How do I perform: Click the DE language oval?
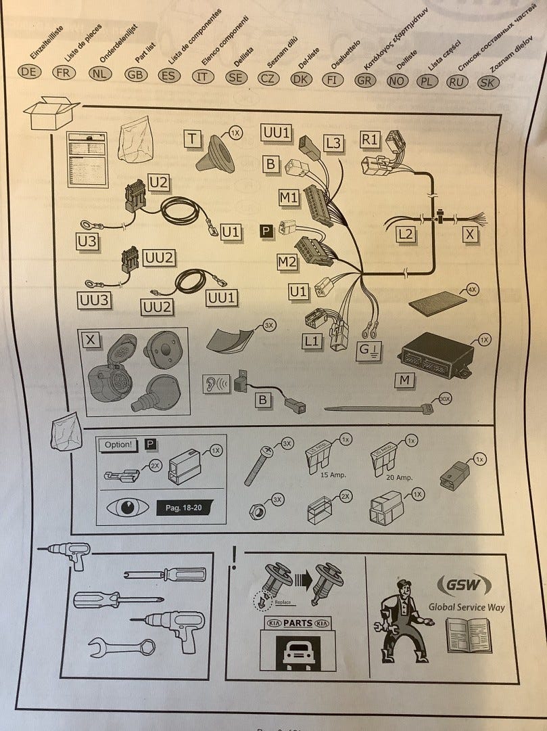[28, 71]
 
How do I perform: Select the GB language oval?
[136, 74]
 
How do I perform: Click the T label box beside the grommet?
[193, 139]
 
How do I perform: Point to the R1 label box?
[371, 139]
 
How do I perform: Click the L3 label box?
[333, 143]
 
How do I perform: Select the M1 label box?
[289, 197]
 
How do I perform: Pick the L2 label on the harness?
[405, 235]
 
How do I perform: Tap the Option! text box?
[119, 445]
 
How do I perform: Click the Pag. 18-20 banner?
[184, 507]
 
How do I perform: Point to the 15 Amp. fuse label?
[332, 475]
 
